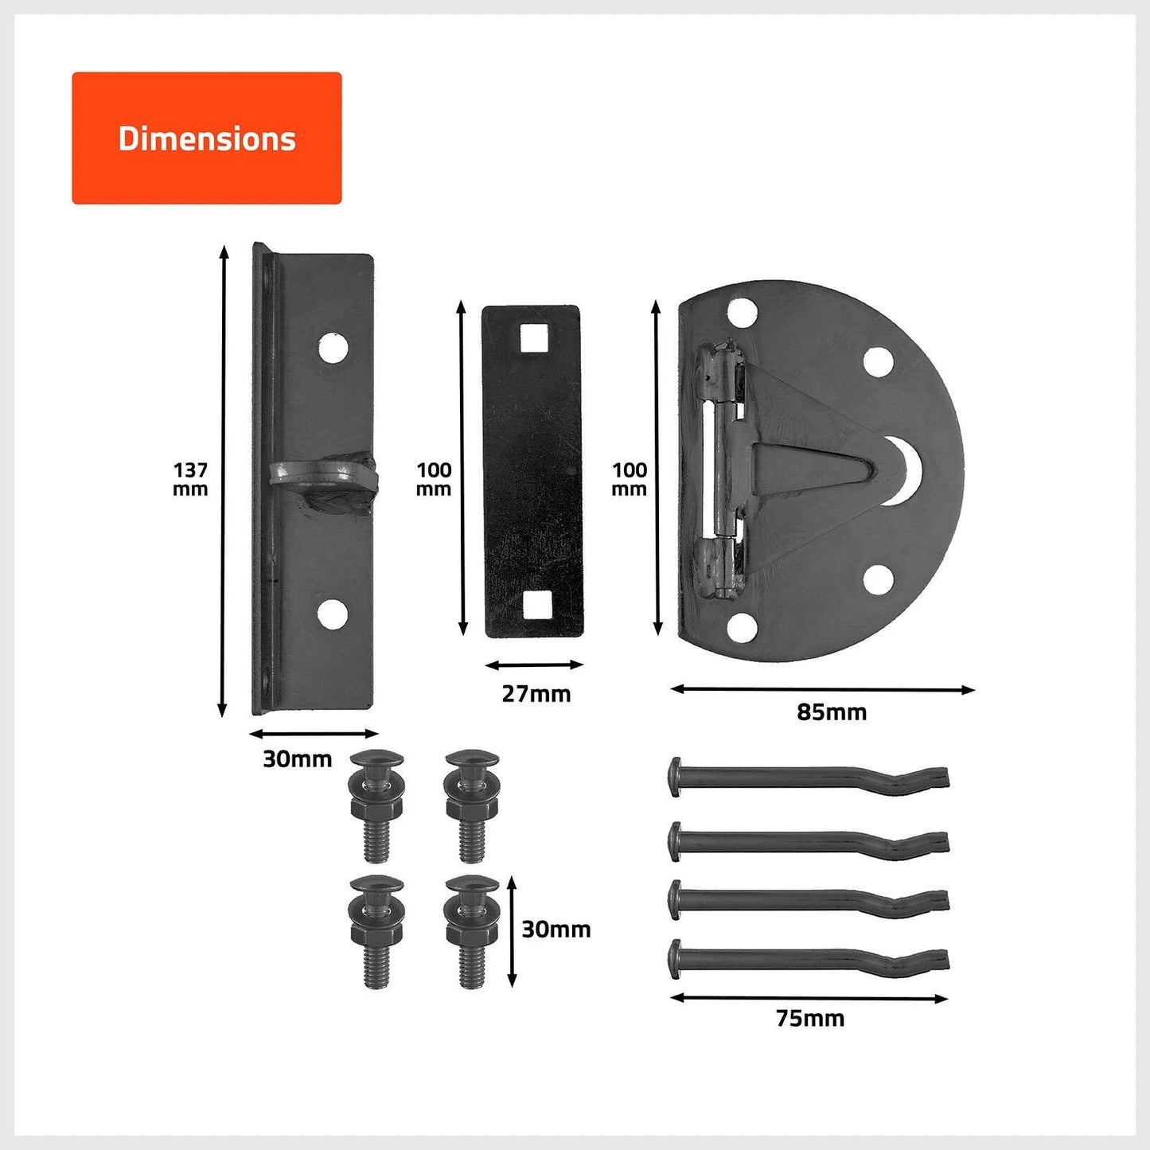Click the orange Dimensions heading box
click(206, 138)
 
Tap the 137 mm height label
click(190, 479)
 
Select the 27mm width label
click(536, 694)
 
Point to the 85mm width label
click(831, 711)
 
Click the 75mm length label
click(809, 1018)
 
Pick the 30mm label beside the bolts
click(556, 929)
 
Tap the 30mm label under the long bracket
click(297, 759)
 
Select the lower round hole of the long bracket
click(332, 614)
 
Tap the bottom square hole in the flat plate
click(531, 608)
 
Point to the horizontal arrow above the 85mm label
click(822, 689)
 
